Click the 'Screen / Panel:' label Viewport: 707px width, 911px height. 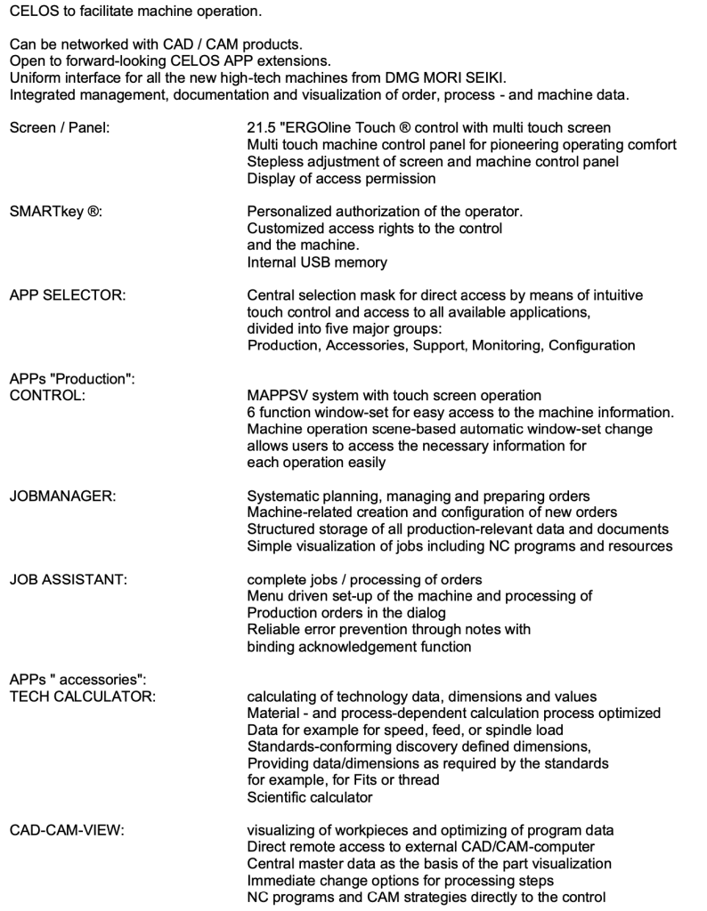59,128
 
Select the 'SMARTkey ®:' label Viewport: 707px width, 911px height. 53,212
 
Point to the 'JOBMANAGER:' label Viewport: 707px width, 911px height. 61,496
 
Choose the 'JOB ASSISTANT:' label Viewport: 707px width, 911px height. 69,579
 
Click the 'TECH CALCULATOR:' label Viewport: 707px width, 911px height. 82,697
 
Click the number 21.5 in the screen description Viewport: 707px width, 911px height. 260,128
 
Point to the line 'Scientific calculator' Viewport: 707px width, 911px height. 309,797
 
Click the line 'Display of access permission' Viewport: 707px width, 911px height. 341,178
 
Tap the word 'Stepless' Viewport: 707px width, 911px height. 272,161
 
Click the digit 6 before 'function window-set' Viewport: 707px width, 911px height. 251,412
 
